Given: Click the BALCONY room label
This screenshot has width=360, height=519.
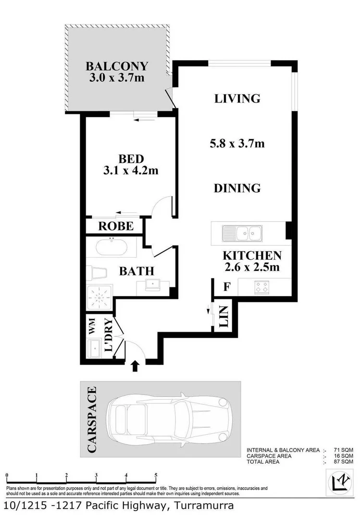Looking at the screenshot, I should click(x=117, y=66).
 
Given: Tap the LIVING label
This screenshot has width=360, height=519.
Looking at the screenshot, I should click(x=237, y=99).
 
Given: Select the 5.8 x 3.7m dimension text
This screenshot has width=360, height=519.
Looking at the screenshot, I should click(x=237, y=143).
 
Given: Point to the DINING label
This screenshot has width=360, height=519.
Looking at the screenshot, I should click(x=237, y=188).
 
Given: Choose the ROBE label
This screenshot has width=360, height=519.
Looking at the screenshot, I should click(x=116, y=226).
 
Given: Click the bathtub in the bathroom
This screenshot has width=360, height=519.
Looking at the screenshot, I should click(x=112, y=247).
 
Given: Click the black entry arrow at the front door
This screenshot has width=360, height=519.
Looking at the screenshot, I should click(x=135, y=367).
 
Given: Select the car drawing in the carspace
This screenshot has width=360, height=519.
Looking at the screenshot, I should click(x=171, y=419).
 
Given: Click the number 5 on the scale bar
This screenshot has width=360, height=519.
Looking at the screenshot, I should click(x=156, y=475).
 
